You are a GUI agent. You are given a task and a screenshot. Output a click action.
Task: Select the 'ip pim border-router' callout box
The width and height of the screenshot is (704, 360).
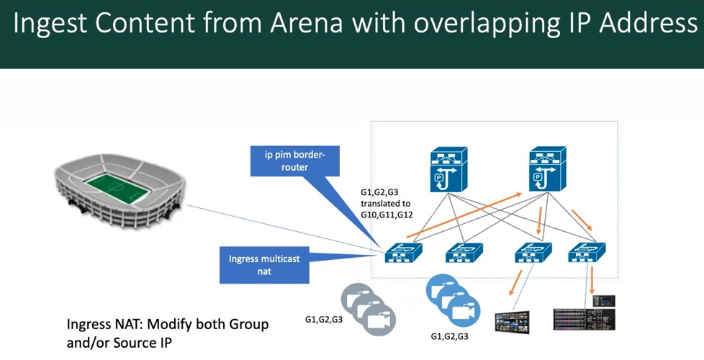click(294, 161)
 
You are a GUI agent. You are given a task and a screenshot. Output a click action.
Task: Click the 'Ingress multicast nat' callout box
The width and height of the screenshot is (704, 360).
click(264, 265)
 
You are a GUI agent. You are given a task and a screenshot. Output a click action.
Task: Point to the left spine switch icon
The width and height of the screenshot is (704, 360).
click(448, 169)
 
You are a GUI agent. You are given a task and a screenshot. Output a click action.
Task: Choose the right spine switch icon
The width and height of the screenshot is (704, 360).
click(547, 168)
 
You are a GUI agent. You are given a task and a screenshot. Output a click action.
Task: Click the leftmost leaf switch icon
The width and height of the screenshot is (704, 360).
click(403, 253)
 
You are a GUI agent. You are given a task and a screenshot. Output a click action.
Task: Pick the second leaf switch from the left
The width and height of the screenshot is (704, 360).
click(464, 253)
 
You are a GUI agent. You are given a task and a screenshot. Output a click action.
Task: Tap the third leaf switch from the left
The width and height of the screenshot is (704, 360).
click(533, 253)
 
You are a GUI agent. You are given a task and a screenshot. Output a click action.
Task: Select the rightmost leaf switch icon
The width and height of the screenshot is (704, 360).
click(587, 253)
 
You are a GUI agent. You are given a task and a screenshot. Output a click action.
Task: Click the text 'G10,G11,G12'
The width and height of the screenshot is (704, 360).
click(387, 215)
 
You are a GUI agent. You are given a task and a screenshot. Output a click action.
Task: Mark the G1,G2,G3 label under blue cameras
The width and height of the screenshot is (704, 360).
click(449, 336)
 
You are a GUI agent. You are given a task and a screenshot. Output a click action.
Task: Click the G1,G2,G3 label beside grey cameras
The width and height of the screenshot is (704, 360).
click(324, 320)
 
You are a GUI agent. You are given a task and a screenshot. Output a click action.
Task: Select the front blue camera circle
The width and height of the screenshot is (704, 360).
click(464, 310)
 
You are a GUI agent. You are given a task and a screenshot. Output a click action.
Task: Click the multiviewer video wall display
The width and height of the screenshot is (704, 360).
click(513, 323)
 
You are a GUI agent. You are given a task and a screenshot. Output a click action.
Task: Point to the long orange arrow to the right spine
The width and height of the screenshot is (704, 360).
click(464, 215)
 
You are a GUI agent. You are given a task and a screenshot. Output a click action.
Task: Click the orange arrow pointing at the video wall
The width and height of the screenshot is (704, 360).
click(516, 283)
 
